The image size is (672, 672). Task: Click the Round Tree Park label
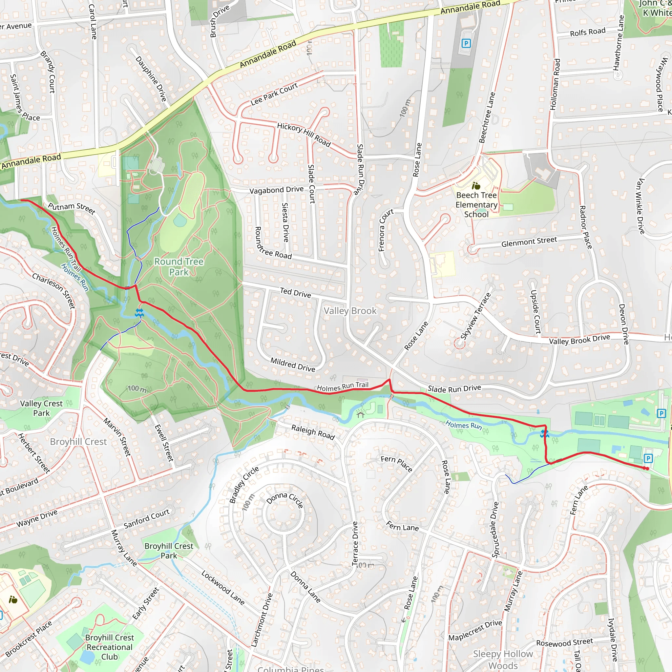[x=179, y=267]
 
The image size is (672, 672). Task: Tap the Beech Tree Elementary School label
[x=476, y=205]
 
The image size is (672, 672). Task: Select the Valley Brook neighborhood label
[x=350, y=311]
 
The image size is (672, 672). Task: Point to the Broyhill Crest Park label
[x=169, y=551]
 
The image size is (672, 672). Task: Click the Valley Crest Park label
[x=41, y=408]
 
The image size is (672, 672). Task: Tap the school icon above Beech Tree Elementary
[x=476, y=186]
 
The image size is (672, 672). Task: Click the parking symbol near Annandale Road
[x=466, y=44]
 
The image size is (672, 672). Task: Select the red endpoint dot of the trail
[x=647, y=469]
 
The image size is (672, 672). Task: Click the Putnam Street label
[x=72, y=208]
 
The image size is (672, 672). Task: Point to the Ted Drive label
[x=295, y=292]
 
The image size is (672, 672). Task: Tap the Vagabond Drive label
[x=277, y=190]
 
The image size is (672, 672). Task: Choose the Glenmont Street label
[x=529, y=241]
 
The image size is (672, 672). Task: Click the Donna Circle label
[x=284, y=500]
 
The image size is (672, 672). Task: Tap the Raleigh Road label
[x=313, y=432]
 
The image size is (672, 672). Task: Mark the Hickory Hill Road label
[x=304, y=134]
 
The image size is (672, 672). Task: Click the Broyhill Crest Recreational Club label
[x=109, y=647]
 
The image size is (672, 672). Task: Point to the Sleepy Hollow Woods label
[x=503, y=660]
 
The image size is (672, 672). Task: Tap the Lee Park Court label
[x=274, y=94]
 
